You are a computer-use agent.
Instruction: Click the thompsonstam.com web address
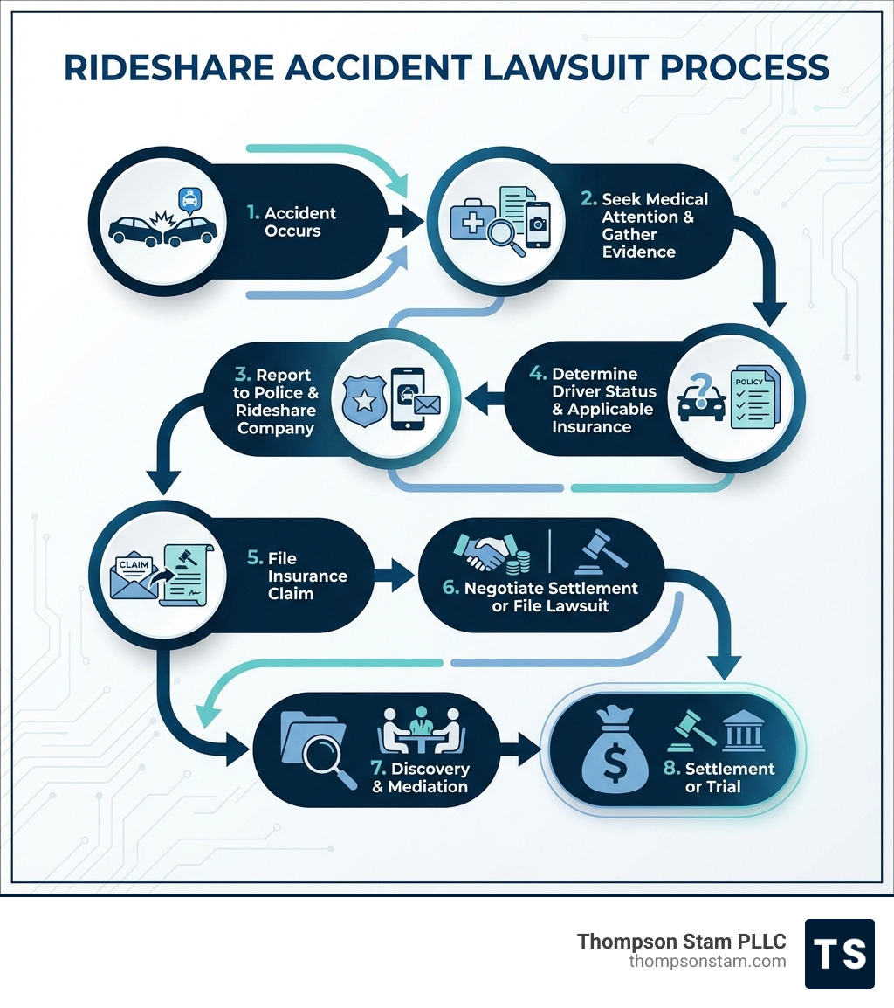tap(707, 962)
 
